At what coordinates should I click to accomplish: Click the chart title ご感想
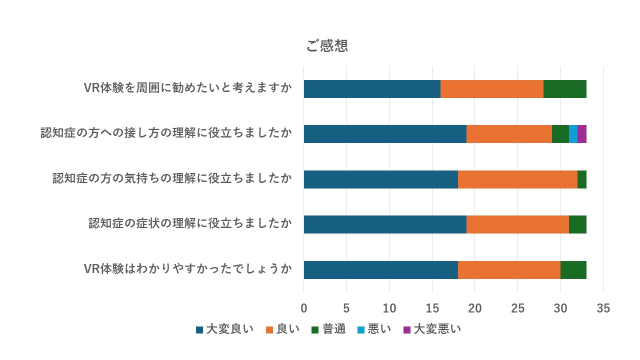coord(327,46)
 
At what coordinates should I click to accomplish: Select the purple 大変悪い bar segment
coord(582,134)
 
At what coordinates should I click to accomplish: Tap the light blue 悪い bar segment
coord(573,134)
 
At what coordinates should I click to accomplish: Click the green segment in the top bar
coord(564,88)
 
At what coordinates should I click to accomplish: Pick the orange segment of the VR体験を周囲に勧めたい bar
coord(492,88)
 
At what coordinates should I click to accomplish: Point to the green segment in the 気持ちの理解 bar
coord(581,179)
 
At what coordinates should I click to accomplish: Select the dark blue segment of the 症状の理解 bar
coord(385,224)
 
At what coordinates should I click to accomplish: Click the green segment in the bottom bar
coord(573,270)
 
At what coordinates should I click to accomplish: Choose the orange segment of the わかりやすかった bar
coord(509,270)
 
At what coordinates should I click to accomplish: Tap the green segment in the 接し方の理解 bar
coord(560,134)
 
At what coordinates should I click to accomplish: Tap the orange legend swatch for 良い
coord(269,329)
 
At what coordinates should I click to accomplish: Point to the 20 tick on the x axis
coord(475,308)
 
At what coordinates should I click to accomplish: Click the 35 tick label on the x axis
coord(603,308)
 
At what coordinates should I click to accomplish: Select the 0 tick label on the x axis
coord(303,308)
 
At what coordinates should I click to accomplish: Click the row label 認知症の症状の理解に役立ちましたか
coord(190,223)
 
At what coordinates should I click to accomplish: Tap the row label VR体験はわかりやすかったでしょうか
coord(187,269)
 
